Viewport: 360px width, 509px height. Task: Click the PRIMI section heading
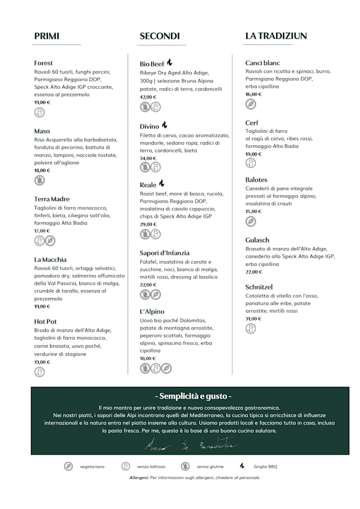(47, 36)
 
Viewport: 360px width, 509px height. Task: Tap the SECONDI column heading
(160, 36)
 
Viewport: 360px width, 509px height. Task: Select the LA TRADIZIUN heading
(276, 35)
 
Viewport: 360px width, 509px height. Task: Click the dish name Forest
(43, 63)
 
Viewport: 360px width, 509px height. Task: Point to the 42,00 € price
(148, 97)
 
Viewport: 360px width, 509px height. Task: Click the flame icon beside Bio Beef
(169, 62)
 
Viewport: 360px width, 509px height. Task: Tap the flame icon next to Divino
(165, 125)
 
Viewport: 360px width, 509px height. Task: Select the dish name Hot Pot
(46, 321)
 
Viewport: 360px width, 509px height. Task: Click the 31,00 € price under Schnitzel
(254, 318)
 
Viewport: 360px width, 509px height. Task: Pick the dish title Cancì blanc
(263, 63)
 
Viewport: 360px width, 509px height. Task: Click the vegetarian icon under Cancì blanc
(251, 104)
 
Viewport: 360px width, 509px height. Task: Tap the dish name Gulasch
(258, 240)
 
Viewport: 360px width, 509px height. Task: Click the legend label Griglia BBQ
(265, 466)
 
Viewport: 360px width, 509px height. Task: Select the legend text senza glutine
(210, 466)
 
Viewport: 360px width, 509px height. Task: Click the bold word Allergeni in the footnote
(138, 478)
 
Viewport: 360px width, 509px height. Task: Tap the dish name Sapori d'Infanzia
(165, 253)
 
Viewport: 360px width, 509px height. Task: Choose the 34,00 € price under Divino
(148, 159)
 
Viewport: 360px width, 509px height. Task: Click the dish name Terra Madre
(52, 199)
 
